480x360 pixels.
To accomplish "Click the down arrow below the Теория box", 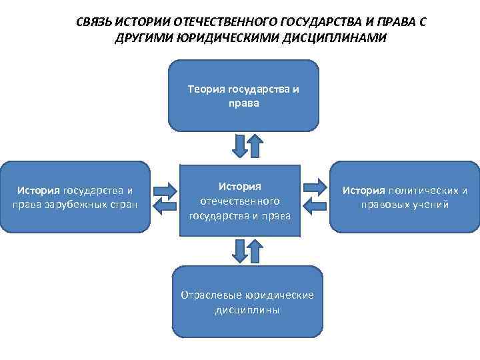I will pos(239,145).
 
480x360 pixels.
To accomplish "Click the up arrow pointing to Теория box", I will pos(254,145).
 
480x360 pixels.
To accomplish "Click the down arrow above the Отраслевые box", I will pos(239,251).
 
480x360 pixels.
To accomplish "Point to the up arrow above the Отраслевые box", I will pos(254,251).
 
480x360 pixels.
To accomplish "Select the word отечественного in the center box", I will pos(240,201).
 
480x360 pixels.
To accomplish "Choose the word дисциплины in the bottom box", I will pos(247,310).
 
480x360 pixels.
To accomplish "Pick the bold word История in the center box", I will pos(240,186).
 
